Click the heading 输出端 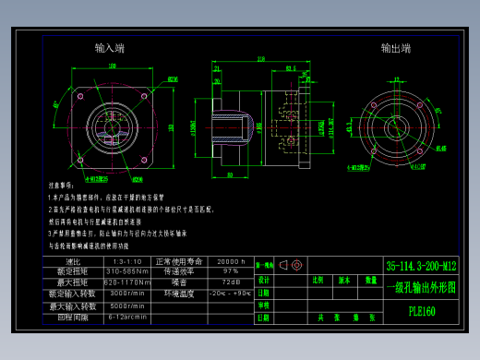pos(396,47)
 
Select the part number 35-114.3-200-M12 pos(421,266)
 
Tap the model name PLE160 pos(421,311)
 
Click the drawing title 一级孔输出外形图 pos(421,287)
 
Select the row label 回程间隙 pos(73,316)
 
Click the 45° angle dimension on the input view pos(172,79)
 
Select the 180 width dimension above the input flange pos(113,66)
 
